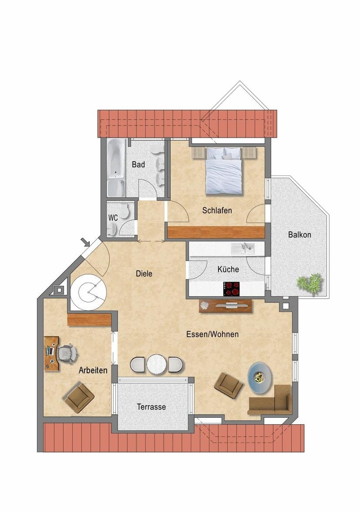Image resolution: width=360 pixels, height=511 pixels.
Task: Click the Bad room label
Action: tap(138, 165)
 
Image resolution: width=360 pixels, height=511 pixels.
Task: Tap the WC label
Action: tap(113, 218)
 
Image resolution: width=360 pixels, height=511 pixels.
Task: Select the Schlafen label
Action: tap(217, 210)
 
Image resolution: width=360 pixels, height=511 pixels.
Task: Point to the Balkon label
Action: tap(299, 235)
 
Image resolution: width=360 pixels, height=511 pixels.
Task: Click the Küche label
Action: tap(228, 269)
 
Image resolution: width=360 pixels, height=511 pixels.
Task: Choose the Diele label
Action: tap(144, 273)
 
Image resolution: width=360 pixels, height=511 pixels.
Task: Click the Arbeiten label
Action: tap(93, 370)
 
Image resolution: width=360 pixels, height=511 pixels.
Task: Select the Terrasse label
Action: tap(151, 406)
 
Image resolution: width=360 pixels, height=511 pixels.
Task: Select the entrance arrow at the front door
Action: tap(86, 243)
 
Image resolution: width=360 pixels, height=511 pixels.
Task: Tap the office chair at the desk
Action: tap(67, 353)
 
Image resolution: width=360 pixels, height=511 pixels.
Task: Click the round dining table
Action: tap(156, 364)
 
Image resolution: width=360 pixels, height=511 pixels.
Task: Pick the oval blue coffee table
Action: tap(261, 378)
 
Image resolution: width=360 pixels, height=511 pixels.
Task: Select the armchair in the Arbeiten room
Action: tap(79, 397)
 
